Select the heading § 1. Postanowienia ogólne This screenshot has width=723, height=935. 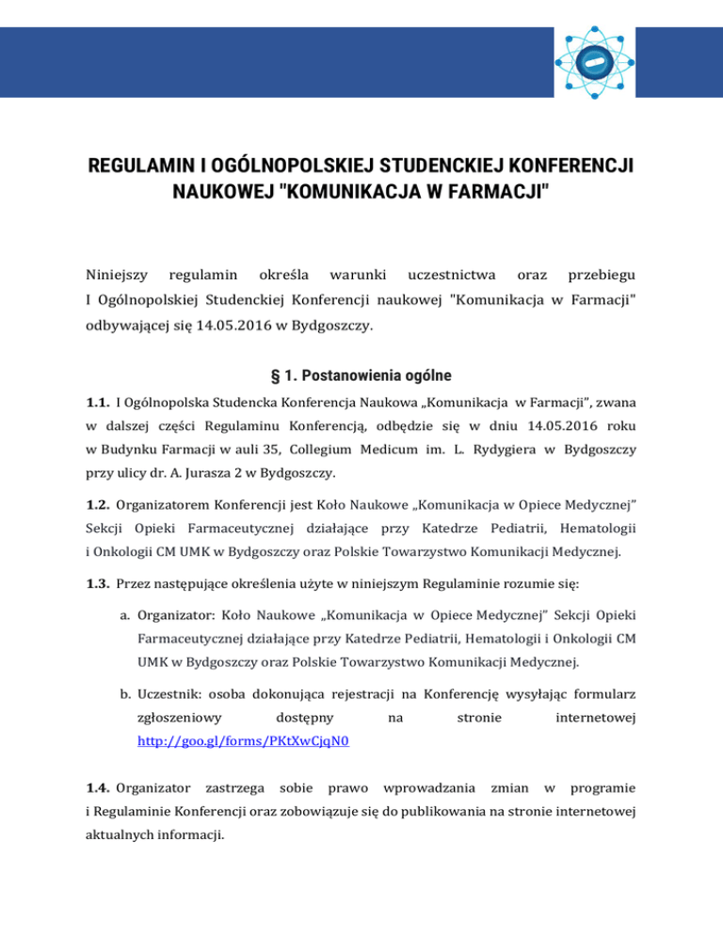coord(361,375)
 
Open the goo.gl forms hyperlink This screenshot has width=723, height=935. coord(243,741)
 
